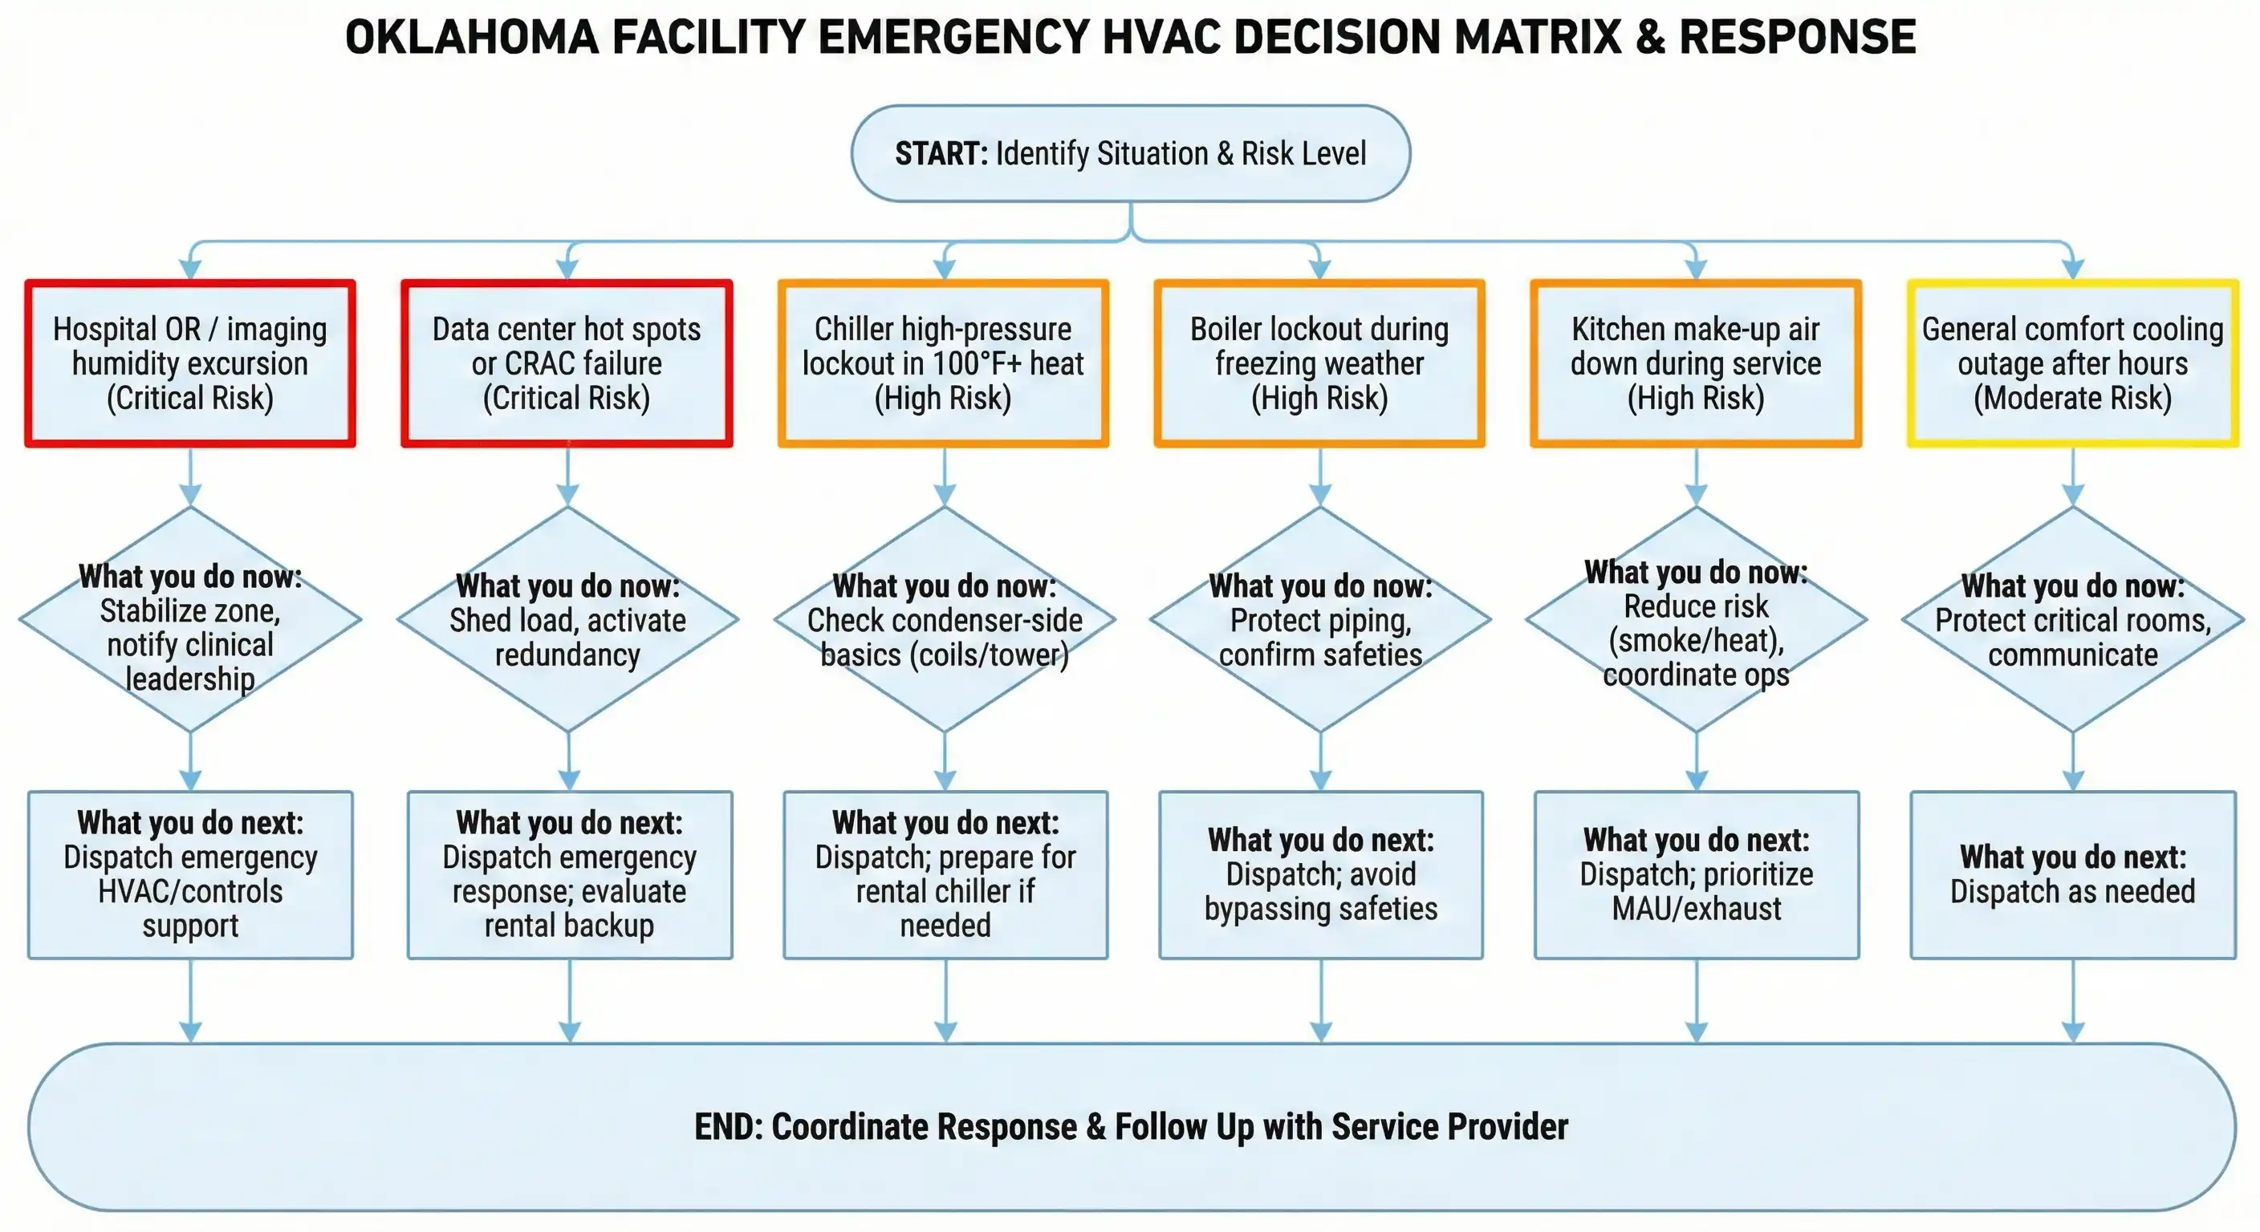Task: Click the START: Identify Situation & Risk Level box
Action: (1130, 153)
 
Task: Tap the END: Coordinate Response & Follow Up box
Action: (1130, 1126)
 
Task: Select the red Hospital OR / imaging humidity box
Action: (190, 363)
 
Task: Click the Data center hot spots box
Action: (567, 363)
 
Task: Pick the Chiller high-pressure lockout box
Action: (943, 363)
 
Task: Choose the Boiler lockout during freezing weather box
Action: (1319, 363)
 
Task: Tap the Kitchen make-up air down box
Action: (1696, 363)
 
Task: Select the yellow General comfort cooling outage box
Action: (2072, 363)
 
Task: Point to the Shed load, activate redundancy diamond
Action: (567, 620)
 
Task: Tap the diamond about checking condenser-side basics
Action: (945, 620)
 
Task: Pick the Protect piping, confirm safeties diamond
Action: (1320, 620)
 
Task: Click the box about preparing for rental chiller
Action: (945, 874)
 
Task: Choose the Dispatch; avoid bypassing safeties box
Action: (1320, 874)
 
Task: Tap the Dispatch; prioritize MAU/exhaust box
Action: (1696, 874)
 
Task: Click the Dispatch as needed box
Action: (2072, 874)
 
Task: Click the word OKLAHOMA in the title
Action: (471, 38)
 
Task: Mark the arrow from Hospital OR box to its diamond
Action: (190, 478)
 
